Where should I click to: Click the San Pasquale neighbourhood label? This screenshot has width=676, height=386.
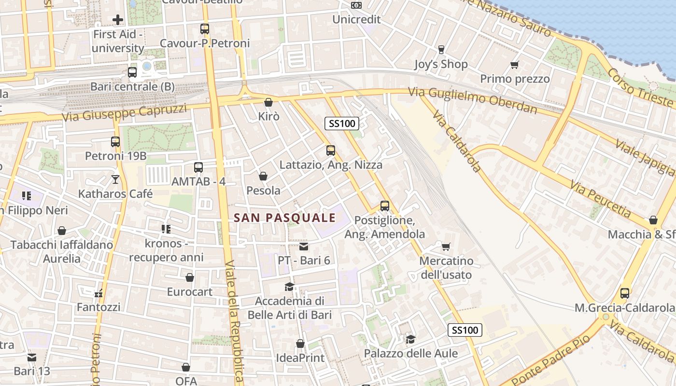(284, 218)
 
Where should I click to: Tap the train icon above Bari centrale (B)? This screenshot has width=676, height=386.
(132, 72)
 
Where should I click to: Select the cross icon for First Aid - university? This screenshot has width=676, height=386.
(117, 20)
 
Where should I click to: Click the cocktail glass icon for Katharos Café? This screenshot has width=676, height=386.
(115, 179)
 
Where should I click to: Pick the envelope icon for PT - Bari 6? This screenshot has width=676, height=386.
(303, 247)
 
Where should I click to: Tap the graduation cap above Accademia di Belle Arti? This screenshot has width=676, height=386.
(289, 287)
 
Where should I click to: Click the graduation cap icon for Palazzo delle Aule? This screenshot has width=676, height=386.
(410, 339)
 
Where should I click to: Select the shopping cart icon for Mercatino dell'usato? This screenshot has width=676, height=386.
(446, 247)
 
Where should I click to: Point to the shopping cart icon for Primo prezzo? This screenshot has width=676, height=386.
(514, 65)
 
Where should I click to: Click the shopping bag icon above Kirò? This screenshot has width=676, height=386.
(268, 102)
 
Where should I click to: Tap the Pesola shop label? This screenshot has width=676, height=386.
(263, 191)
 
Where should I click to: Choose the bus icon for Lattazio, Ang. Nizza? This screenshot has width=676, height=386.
(330, 151)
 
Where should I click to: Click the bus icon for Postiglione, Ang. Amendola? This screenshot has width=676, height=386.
(384, 206)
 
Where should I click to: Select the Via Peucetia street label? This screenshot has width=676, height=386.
(600, 199)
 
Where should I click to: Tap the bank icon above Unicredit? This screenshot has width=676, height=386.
(356, 5)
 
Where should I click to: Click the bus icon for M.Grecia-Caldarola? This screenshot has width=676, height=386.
(624, 293)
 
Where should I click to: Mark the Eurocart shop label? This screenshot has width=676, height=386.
(189, 292)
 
